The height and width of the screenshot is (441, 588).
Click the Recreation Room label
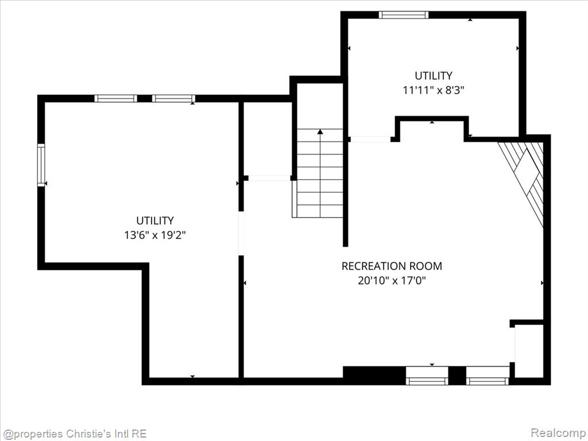pyautogui.click(x=392, y=266)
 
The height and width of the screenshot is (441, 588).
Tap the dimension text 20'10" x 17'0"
pyautogui.click(x=392, y=280)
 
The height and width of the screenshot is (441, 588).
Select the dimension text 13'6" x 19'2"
pyautogui.click(x=155, y=235)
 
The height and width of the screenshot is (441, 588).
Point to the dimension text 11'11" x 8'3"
pyautogui.click(x=434, y=90)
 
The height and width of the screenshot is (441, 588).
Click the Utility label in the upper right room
pyautogui.click(x=434, y=75)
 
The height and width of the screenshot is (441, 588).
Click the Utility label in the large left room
pyautogui.click(x=155, y=220)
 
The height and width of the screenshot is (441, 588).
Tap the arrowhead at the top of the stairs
pyautogui.click(x=320, y=131)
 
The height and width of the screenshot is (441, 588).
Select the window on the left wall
pyautogui.click(x=41, y=165)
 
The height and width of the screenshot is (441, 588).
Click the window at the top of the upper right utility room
pyautogui.click(x=403, y=15)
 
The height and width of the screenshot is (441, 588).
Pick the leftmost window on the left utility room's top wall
pyautogui.click(x=115, y=99)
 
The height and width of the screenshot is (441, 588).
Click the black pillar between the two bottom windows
pyautogui.click(x=457, y=376)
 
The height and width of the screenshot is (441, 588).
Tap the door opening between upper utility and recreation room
pyautogui.click(x=370, y=139)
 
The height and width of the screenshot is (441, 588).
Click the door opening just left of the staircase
pyautogui.click(x=269, y=178)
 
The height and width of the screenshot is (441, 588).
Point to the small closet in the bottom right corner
pyautogui.click(x=529, y=351)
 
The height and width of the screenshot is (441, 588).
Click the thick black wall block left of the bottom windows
pyautogui.click(x=374, y=376)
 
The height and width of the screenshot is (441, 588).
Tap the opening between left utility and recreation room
pyautogui.click(x=241, y=234)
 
